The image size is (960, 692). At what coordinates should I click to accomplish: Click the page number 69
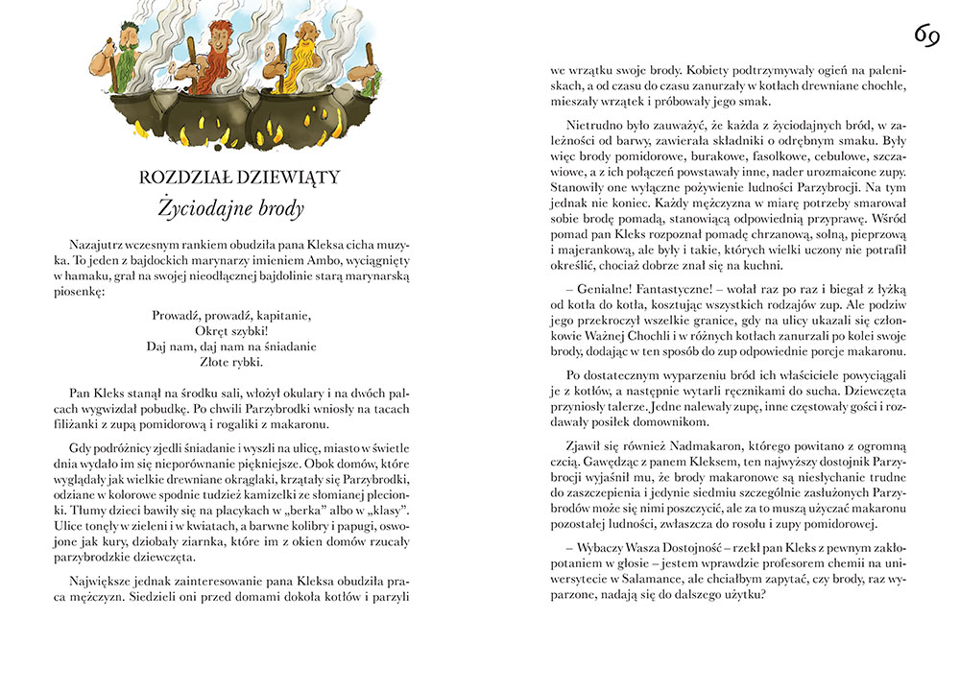[x=925, y=36]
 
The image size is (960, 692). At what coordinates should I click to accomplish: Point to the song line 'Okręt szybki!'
[x=233, y=329]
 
